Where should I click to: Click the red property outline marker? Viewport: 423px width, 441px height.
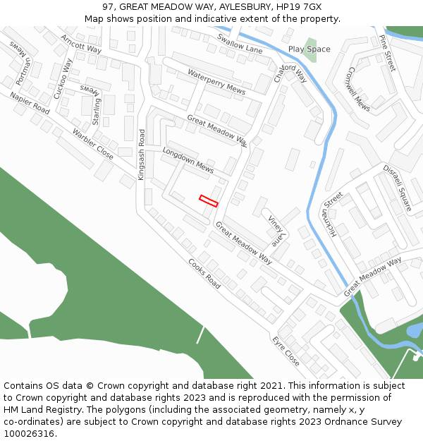[209, 201]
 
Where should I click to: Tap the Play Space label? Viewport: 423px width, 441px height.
[309, 49]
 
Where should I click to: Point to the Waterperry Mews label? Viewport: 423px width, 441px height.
[216, 83]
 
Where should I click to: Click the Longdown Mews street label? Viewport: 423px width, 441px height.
[188, 161]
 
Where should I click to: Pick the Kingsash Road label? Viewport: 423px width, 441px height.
[142, 154]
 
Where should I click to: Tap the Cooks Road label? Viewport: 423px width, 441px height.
[204, 273]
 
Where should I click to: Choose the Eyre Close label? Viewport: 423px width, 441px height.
[286, 351]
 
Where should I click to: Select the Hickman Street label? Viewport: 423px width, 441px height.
[332, 214]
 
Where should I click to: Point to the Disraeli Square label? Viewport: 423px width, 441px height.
[397, 188]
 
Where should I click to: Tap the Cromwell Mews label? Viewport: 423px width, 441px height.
[359, 89]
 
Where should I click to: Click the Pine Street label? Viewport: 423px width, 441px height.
[388, 52]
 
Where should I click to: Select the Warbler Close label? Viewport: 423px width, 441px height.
[92, 144]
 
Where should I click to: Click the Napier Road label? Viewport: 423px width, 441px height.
[30, 102]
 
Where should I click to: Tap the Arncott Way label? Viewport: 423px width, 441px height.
[81, 43]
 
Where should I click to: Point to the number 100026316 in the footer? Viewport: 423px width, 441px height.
[30, 433]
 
